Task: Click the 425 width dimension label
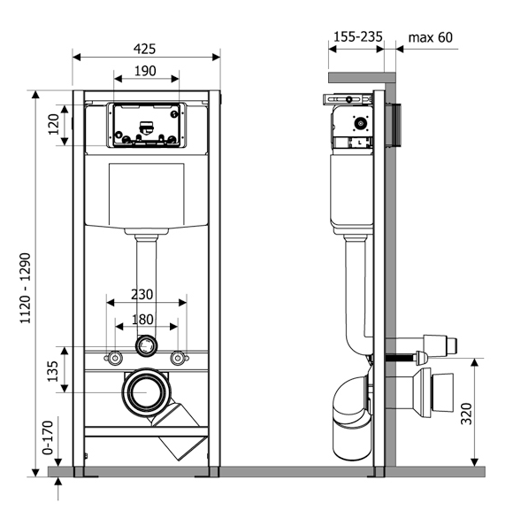144,49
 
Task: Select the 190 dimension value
145,71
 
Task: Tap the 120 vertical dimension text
53,124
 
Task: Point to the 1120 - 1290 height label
26,288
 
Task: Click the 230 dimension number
142,294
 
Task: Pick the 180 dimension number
142,320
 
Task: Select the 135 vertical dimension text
52,371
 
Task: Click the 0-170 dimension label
48,437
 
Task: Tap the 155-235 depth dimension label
358,36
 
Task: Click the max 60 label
430,37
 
